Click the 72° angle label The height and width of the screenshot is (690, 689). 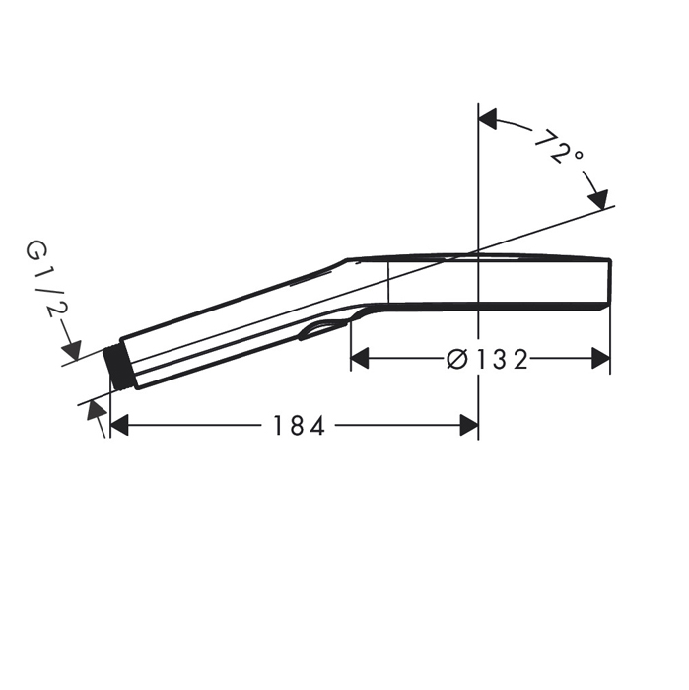point(560,146)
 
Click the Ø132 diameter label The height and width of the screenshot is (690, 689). point(487,360)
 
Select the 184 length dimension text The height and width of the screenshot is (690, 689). point(300,426)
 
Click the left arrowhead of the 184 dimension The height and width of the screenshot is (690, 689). point(119,425)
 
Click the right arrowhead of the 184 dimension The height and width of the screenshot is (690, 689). point(469,425)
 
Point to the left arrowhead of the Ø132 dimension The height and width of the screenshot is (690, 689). point(359,358)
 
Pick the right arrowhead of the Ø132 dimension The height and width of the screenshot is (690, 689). point(601,358)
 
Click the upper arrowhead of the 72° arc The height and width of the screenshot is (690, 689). point(488,119)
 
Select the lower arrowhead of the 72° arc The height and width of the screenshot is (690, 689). point(598,200)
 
